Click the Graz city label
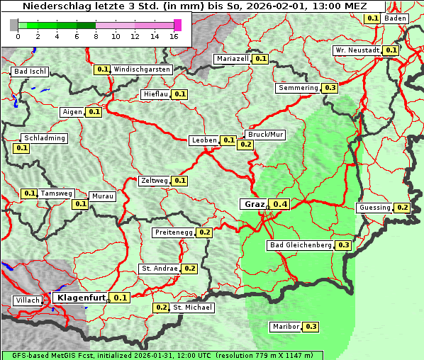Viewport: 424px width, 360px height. (254, 204)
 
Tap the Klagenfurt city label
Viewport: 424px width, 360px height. (82, 298)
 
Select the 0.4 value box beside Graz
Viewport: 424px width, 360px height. (281, 205)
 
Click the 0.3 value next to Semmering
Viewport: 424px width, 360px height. (329, 88)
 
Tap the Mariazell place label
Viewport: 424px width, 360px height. (233, 59)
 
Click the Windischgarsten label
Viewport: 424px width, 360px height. (142, 69)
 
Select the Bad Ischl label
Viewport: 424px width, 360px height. (30, 72)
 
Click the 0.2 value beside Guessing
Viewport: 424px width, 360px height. (403, 208)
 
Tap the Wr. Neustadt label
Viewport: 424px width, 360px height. (357, 50)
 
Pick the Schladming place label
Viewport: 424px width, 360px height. (44, 138)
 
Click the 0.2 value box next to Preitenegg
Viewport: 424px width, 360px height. (205, 232)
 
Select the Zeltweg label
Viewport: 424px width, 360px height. (155, 181)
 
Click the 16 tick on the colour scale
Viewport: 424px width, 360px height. (174, 35)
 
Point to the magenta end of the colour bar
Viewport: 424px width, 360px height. (177, 25)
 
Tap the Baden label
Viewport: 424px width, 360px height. (396, 18)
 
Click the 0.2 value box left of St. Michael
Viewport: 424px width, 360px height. (162, 308)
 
